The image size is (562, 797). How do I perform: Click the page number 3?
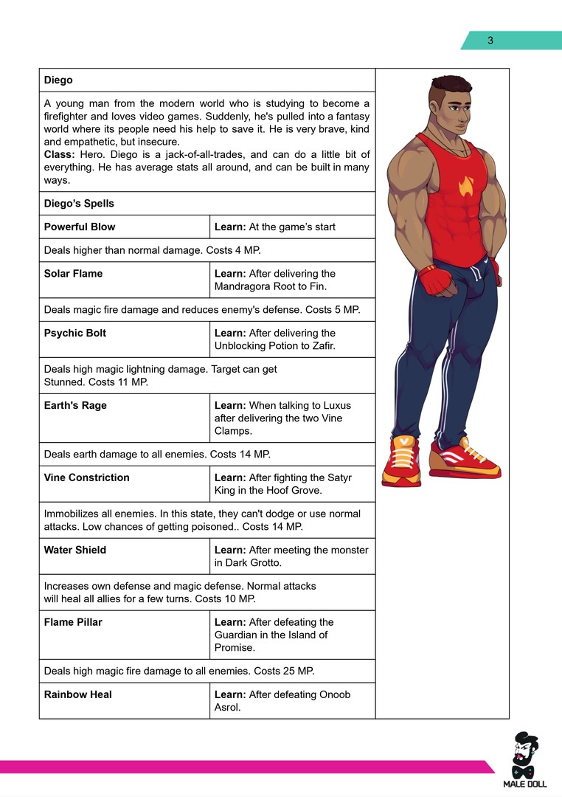click(490, 41)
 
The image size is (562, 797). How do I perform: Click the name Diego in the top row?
click(58, 80)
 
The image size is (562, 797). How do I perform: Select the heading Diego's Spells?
click(79, 204)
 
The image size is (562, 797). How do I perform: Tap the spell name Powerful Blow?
click(80, 227)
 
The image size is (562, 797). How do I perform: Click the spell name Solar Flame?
click(73, 274)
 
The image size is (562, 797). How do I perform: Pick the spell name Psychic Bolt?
click(74, 333)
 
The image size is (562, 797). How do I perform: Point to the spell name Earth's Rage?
click(75, 405)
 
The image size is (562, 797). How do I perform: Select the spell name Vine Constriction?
click(86, 477)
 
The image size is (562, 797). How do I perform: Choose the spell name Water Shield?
click(74, 550)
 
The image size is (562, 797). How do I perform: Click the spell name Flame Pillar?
click(73, 622)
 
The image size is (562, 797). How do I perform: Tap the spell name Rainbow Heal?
click(77, 694)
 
